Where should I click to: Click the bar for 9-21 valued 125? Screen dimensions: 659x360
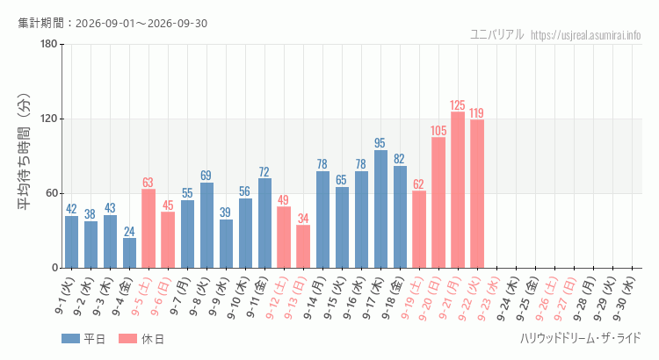click(458, 190)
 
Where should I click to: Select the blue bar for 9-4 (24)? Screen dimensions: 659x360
click(129, 253)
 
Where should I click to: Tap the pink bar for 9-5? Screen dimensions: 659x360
click(148, 228)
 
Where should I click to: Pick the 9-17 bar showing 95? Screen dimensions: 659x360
click(380, 209)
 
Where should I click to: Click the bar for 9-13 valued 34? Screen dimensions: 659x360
click(303, 247)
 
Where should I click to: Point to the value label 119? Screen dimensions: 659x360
click(476, 113)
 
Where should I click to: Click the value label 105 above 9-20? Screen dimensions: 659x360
click(438, 131)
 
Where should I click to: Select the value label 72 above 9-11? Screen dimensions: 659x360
click(264, 172)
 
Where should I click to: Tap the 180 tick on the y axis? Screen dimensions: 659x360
click(48, 44)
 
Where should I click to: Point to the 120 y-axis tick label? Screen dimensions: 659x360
click(48, 119)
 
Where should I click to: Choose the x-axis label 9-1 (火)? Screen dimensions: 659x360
click(65, 296)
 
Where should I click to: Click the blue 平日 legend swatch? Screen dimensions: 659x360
click(70, 339)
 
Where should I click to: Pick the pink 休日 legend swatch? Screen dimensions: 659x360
click(127, 339)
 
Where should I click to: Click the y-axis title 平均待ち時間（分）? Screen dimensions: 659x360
click(24, 152)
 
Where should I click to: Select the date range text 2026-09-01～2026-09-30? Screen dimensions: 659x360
click(141, 23)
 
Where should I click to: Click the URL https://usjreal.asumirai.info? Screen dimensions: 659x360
click(586, 35)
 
